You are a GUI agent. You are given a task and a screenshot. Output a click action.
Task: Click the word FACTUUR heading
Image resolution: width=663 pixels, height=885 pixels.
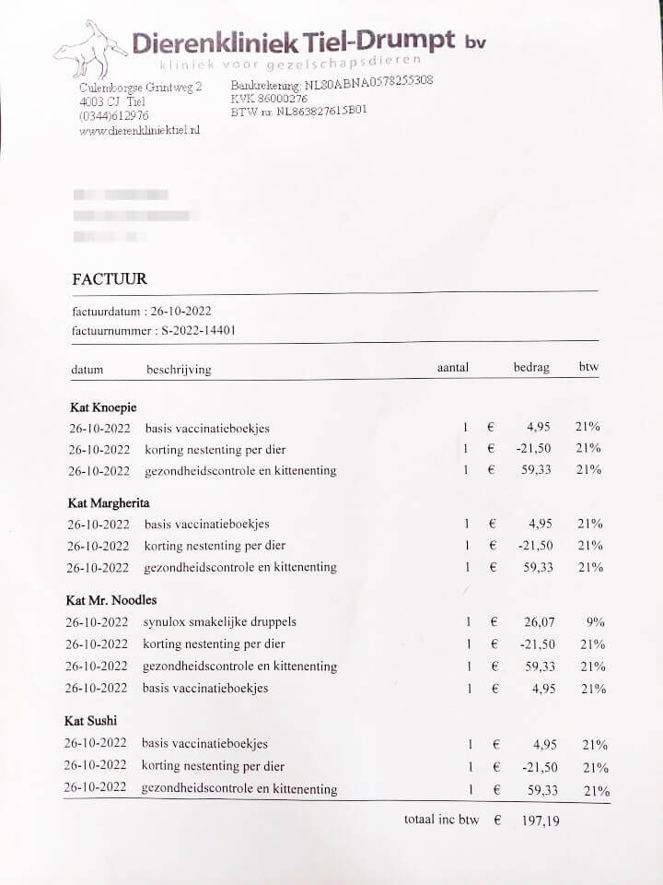coord(110,279)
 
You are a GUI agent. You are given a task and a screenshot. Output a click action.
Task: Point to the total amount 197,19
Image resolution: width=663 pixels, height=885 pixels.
coord(540,820)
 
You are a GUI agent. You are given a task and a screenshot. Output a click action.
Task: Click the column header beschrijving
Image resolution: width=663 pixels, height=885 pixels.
coord(179,370)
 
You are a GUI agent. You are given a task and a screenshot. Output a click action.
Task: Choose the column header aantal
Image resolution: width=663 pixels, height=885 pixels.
coord(453,368)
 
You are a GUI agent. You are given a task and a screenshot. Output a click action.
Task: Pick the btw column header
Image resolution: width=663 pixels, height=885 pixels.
coord(588,367)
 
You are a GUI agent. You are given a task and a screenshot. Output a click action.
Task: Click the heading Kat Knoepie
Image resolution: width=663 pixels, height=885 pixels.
coord(103,407)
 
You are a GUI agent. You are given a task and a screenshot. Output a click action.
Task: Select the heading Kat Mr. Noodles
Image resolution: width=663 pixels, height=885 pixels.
coord(111,600)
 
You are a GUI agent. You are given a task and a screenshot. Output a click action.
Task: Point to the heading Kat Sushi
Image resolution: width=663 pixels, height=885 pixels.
coord(91,721)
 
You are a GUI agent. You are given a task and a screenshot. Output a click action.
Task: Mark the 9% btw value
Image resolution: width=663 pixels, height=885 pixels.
coord(596,622)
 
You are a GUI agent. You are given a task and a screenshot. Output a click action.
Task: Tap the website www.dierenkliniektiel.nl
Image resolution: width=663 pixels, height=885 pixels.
coord(140,131)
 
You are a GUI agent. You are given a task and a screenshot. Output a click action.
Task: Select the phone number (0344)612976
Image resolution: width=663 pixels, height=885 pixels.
coord(114,116)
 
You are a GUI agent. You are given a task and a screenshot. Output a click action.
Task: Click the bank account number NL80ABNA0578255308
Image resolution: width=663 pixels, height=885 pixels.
coord(369,81)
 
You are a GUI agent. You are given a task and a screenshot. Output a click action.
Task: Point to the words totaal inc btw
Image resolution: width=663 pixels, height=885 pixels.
coord(441,820)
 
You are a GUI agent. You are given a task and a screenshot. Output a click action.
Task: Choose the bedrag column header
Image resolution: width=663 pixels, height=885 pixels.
coord(531,367)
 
